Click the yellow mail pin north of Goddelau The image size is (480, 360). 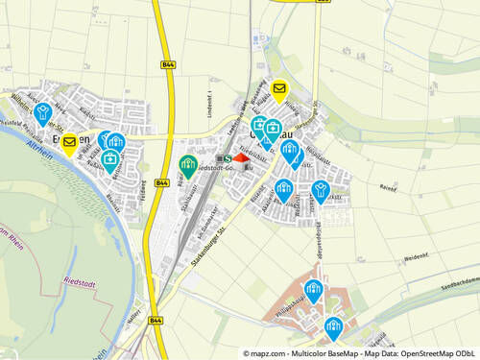tap(278, 90)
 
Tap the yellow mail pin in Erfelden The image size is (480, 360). tap(69, 144)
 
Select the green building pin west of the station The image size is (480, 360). tap(188, 164)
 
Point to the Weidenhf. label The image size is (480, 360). tap(415, 257)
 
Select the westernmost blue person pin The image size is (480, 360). tap(41, 113)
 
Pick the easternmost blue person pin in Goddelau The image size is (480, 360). tap(321, 189)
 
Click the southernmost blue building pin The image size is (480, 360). tap(332, 327)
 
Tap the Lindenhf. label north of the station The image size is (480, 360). tap(208, 101)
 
